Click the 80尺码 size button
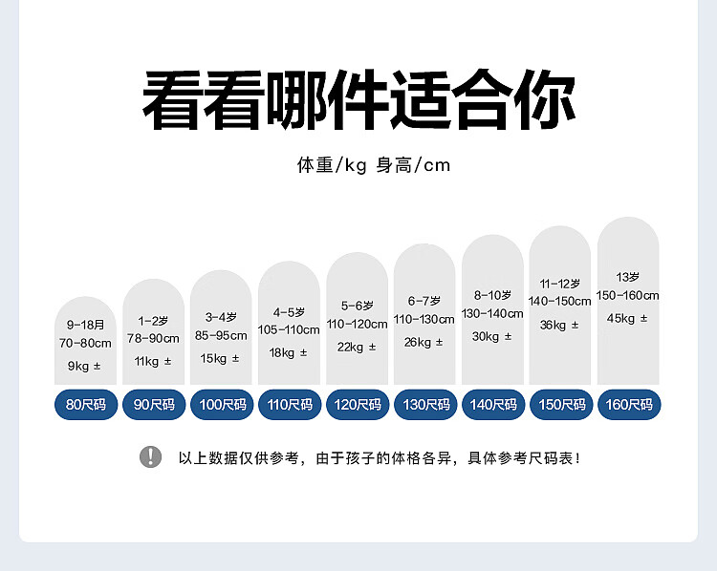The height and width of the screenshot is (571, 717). coord(86,404)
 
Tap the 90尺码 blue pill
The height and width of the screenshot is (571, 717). coord(154,404)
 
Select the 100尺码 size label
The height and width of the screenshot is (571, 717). coord(222,404)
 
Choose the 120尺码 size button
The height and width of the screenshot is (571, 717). coord(358,404)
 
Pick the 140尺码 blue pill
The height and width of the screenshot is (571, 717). coord(493,404)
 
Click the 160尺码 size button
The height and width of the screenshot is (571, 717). coord(629,404)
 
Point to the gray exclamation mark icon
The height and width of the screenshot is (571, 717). coord(150,456)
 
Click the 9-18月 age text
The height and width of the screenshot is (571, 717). coord(85,325)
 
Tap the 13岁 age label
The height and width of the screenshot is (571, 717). coord(627,277)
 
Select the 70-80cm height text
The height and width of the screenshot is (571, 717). coord(85,343)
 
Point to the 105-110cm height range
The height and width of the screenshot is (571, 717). coord(289,329)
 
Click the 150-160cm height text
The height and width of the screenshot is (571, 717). coord(627,296)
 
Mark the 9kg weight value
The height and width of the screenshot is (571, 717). coord(78,366)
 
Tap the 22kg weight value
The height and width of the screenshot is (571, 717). coord(350,348)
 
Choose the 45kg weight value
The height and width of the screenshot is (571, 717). coord(620,318)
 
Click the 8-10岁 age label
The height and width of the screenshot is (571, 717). coord(492,296)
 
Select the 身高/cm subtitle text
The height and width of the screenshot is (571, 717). coord(413,165)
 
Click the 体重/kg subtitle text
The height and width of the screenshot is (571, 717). coord(332,165)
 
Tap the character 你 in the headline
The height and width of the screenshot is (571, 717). coord(545,99)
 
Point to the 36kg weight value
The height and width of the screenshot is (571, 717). coord(553,326)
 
